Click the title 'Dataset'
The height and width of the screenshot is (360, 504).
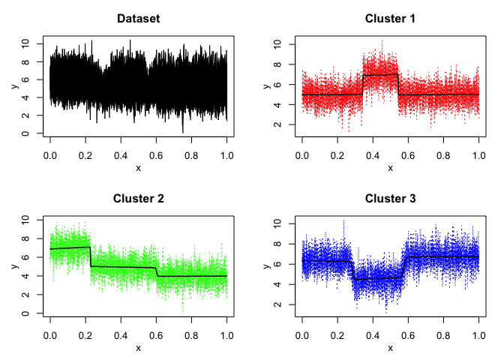138,18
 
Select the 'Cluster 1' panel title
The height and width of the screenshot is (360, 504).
390,18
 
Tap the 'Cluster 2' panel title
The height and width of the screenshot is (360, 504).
138,199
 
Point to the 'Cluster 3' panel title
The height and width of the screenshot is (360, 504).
390,199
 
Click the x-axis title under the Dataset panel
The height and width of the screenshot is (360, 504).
138,168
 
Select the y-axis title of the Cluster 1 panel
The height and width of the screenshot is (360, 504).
266,85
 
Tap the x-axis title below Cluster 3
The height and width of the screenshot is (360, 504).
390,348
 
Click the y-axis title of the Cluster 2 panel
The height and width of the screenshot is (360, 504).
14,266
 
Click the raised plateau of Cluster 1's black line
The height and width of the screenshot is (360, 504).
380,74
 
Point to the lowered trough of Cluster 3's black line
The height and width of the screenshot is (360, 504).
377,277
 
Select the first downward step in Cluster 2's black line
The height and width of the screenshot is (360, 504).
91,256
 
